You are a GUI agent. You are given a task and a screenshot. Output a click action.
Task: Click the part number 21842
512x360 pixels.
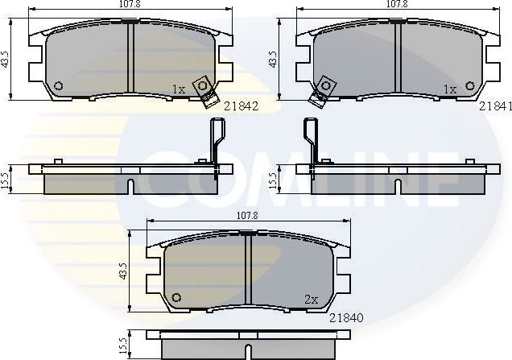click(x=241, y=106)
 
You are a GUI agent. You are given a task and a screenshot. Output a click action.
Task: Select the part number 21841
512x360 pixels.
click(x=495, y=106)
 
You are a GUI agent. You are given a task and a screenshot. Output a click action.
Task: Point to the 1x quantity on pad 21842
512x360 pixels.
click(x=179, y=89)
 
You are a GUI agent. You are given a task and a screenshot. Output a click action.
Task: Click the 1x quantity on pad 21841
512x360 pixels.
click(x=451, y=89)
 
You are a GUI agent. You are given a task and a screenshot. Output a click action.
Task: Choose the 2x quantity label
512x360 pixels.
click(x=312, y=299)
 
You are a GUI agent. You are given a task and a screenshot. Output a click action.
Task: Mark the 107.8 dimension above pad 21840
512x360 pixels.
click(x=247, y=216)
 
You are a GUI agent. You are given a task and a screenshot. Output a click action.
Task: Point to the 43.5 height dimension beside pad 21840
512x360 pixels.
click(x=122, y=271)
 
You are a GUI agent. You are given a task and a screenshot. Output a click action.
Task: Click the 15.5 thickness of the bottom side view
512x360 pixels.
click(x=122, y=344)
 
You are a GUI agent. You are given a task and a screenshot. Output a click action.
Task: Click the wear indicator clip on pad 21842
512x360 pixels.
click(x=207, y=89)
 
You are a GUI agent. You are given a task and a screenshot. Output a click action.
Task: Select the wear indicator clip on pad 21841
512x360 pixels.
click(x=323, y=90)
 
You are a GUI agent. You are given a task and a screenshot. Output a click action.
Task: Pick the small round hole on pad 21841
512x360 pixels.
click(x=469, y=86)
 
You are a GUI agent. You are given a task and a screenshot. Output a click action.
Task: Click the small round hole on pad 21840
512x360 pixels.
click(x=176, y=299)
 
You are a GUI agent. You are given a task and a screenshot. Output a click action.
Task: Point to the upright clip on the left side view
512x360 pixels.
click(x=216, y=141)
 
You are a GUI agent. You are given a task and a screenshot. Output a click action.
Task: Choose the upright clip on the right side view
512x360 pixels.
click(x=308, y=141)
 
